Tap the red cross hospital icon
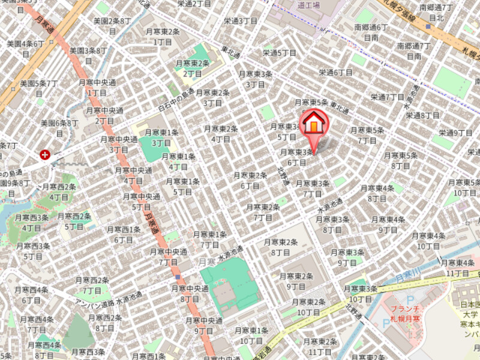pos(44,155)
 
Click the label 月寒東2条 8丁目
pos(281,247)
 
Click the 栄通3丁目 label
pos(240,20)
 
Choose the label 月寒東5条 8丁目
pos(400,160)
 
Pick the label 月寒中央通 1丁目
pos(97,88)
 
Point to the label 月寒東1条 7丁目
pos(210,239)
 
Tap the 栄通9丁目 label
pos(455,133)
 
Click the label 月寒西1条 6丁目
pos(123,234)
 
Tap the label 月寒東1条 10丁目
pos(251,335)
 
